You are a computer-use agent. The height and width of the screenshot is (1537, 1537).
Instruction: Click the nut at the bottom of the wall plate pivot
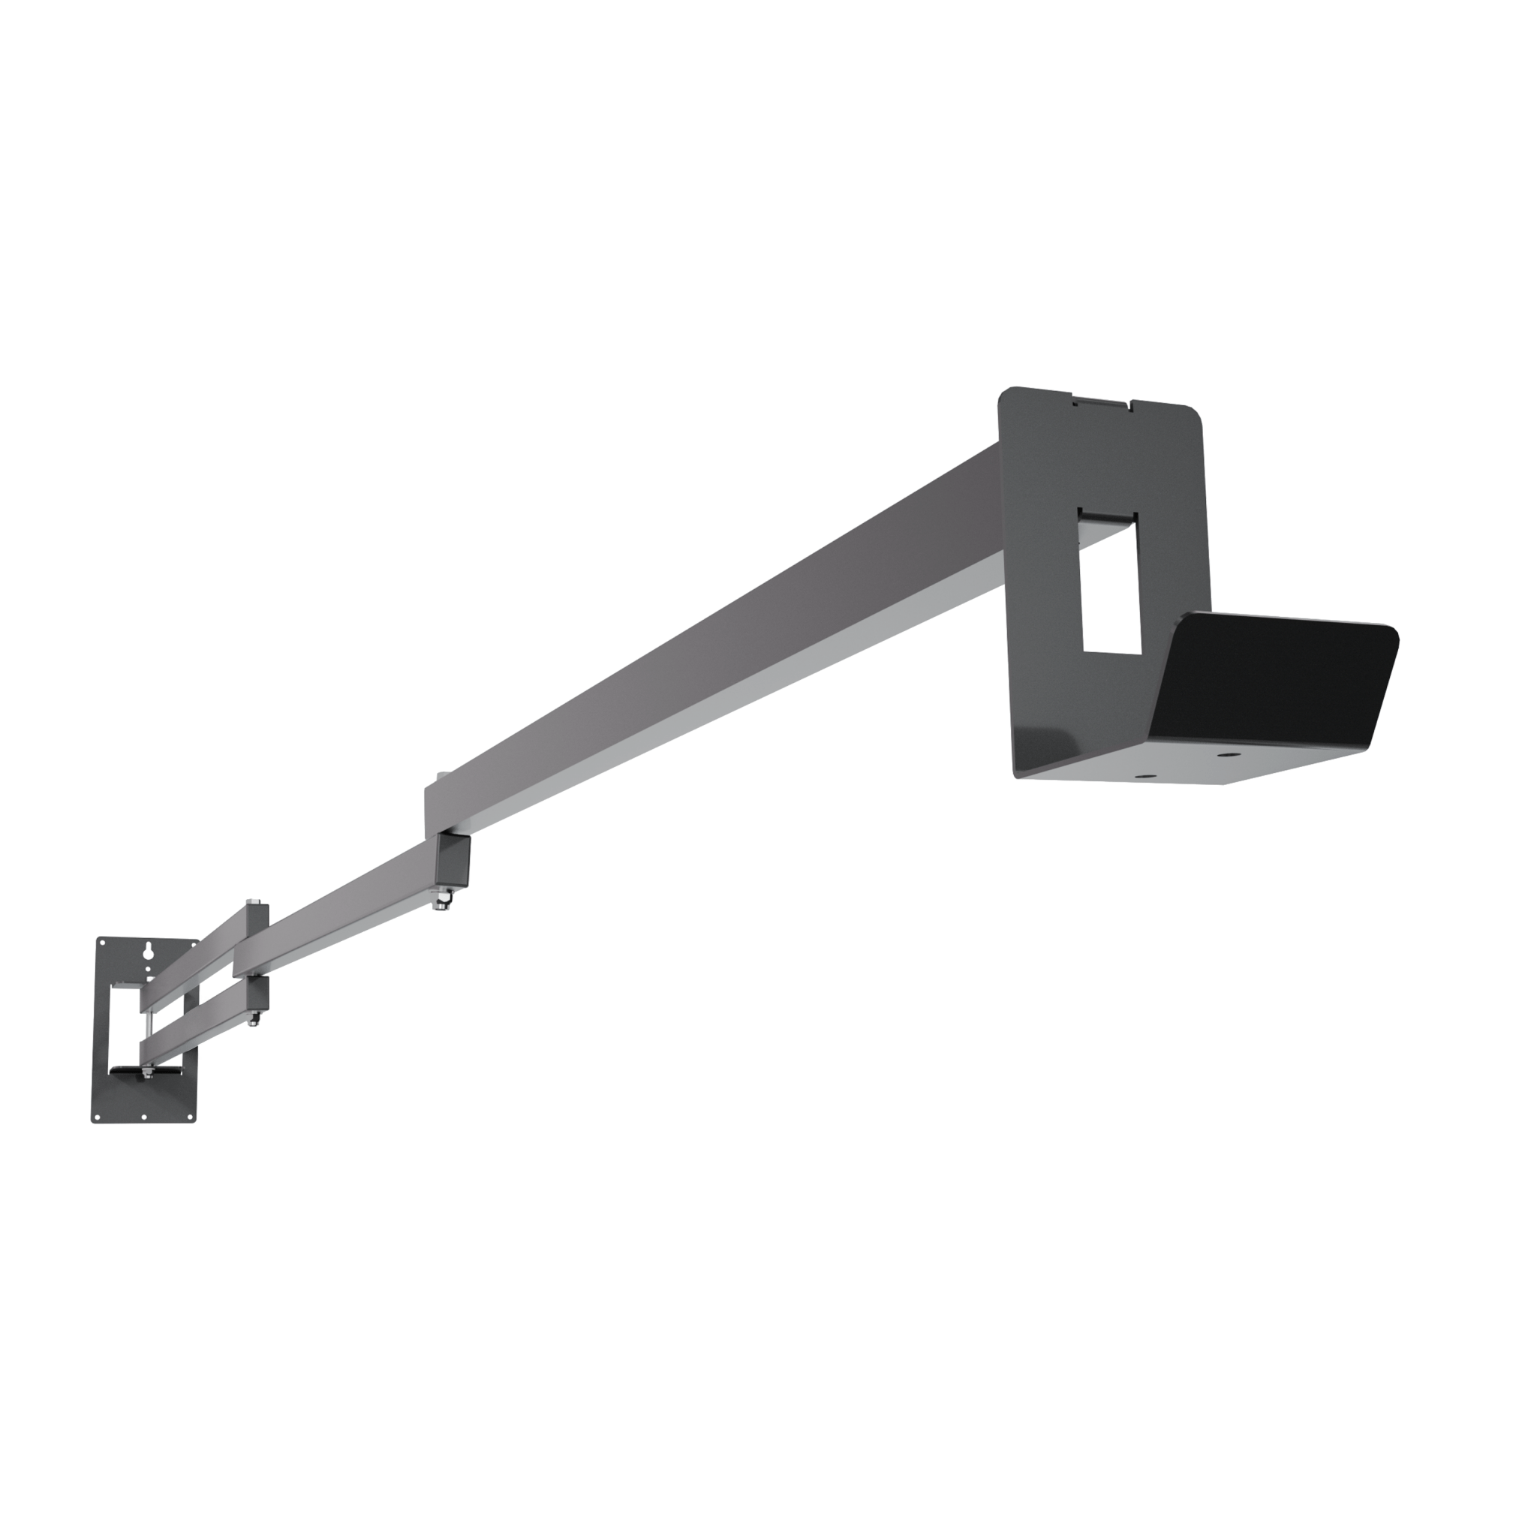click(148, 1075)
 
